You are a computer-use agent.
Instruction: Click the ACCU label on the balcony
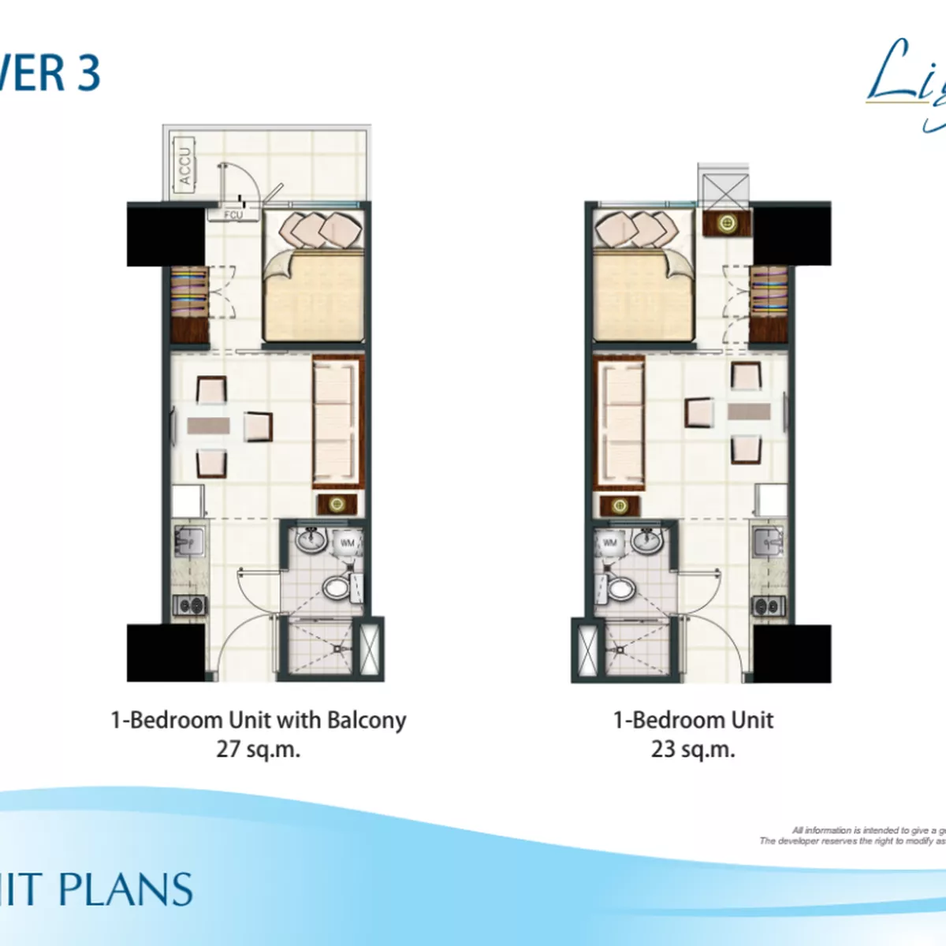[184, 166]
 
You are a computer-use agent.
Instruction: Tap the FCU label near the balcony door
[233, 214]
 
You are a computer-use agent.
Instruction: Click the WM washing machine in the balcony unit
[348, 543]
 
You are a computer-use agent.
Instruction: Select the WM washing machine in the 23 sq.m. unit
[609, 543]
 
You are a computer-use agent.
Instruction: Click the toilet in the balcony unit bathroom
[338, 587]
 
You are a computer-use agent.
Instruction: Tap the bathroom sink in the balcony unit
[311, 540]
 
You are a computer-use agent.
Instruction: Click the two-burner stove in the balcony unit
[190, 605]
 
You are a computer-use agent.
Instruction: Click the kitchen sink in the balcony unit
[188, 542]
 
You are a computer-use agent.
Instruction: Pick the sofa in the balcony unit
[337, 422]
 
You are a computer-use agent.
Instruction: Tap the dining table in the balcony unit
[208, 426]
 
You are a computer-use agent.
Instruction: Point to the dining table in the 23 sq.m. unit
[749, 412]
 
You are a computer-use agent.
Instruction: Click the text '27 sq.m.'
[259, 749]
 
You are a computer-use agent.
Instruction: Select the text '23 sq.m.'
[693, 749]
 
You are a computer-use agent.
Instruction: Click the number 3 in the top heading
[88, 73]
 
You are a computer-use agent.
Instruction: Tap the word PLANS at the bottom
[126, 890]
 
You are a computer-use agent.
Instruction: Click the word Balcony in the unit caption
[367, 721]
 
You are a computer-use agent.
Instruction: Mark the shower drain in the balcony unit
[340, 649]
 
